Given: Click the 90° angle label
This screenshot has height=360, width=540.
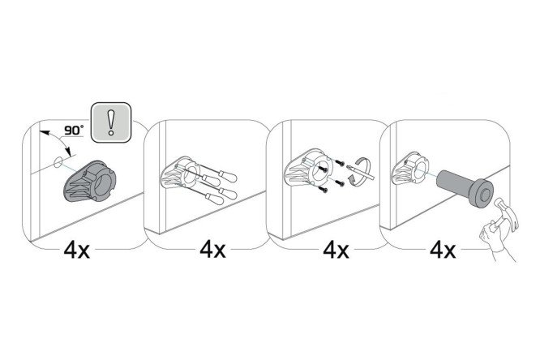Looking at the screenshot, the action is (x=74, y=131).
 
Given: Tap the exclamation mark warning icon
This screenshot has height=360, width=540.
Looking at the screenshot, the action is (x=110, y=122).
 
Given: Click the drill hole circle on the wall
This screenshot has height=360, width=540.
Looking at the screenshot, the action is (x=58, y=162).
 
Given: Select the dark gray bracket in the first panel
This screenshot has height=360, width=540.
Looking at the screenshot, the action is (x=89, y=181).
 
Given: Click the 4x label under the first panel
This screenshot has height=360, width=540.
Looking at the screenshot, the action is (x=76, y=250).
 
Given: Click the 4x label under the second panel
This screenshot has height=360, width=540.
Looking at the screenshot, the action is (x=212, y=250).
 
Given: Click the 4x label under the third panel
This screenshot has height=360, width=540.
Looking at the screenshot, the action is (x=336, y=250).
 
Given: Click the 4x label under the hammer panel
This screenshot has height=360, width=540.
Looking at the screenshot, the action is (x=443, y=250).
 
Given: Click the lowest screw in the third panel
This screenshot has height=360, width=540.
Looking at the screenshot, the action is (x=324, y=189).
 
